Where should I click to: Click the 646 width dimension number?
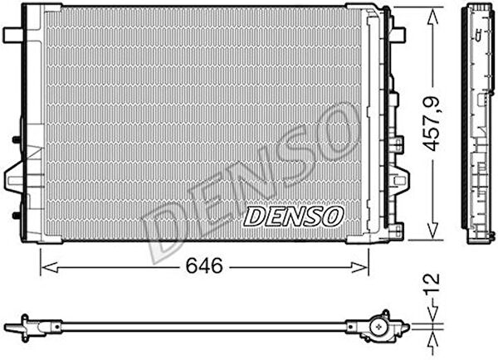coord(205,266)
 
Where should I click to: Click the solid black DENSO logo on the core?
coord(293,216)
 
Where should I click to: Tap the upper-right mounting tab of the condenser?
coord(399,35)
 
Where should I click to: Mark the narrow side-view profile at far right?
coord(481,124)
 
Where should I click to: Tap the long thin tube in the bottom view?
coord(207,324)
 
